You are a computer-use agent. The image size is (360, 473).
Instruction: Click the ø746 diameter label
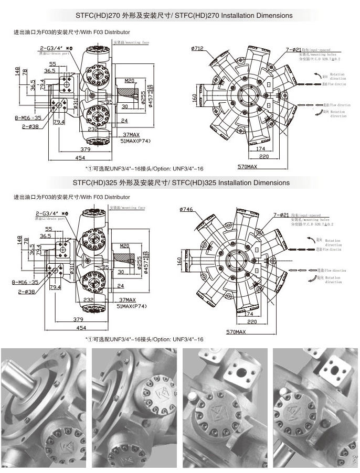point(186,210)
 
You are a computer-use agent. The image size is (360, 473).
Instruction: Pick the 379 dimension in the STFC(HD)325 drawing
point(79,319)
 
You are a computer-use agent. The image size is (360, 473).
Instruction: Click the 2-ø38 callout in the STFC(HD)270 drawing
point(29,126)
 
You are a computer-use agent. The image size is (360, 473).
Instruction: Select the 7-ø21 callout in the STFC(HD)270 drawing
point(293,49)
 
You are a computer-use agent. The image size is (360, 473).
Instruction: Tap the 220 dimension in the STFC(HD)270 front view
point(264,157)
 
